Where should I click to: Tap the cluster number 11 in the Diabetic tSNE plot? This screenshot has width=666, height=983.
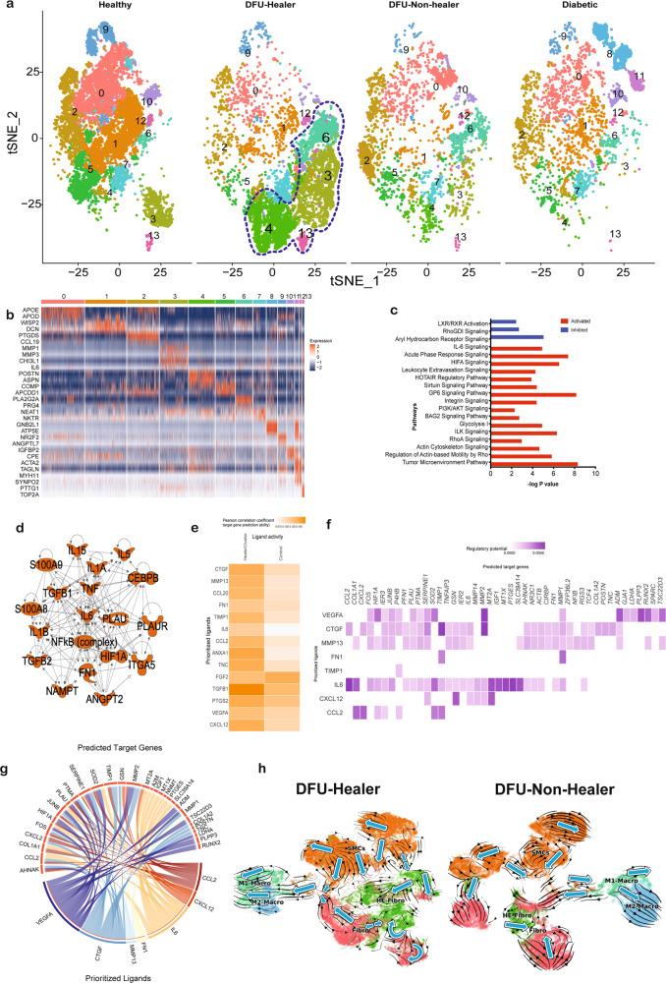(x=639, y=76)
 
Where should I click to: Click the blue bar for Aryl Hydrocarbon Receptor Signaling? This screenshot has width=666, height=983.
(x=517, y=336)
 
